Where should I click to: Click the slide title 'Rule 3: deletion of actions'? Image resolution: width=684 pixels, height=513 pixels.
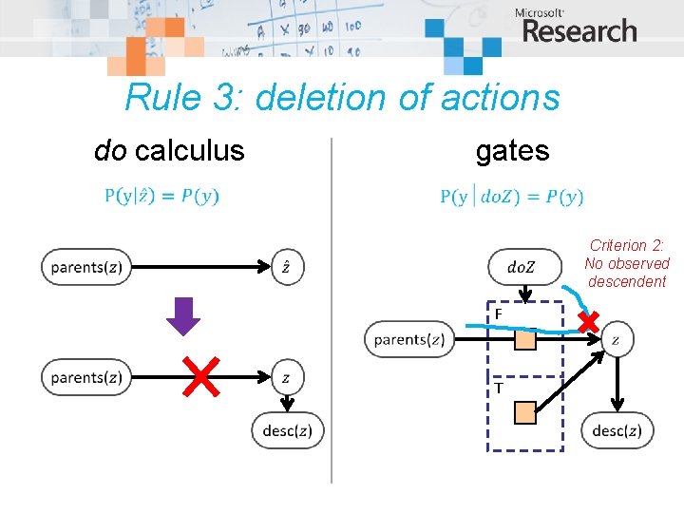tap(342, 97)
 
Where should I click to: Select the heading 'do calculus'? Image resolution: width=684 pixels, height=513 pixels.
tap(169, 150)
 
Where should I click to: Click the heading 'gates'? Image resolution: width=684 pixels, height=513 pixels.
tap(513, 150)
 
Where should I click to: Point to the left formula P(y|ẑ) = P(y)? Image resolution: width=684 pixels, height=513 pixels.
tap(161, 197)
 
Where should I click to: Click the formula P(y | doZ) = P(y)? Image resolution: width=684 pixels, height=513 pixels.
tap(512, 197)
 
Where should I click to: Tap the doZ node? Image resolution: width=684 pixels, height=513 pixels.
tap(524, 267)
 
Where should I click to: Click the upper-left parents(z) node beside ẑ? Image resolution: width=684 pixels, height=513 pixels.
tap(85, 267)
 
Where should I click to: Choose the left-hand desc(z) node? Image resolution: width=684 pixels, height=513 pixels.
tap(287, 430)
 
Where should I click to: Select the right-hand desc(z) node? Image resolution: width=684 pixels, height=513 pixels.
tap(617, 430)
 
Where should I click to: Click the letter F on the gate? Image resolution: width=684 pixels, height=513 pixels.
tap(497, 313)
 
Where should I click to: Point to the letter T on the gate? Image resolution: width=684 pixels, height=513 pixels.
tap(498, 388)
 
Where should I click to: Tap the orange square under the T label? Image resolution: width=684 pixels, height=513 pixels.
tap(525, 411)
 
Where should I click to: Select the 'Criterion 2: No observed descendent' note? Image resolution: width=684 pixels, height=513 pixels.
tap(627, 263)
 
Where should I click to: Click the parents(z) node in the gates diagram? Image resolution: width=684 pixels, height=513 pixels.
tap(409, 339)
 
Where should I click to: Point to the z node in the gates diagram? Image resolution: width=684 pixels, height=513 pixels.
tap(617, 339)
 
